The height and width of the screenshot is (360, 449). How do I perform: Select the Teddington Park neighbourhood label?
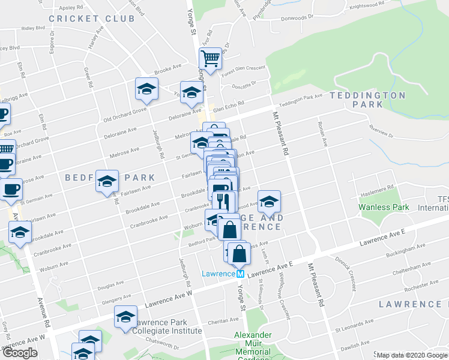click(x=367, y=100)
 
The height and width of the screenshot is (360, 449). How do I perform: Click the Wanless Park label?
click(x=384, y=207)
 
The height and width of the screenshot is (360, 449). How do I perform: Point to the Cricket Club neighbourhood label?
click(x=92, y=19)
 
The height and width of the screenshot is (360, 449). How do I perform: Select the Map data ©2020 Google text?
click(x=412, y=355)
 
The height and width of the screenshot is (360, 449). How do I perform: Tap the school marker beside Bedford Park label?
click(x=107, y=181)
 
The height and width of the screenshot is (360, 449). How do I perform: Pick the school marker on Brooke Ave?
click(x=146, y=89)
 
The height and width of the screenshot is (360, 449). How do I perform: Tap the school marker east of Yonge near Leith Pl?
click(x=269, y=201)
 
